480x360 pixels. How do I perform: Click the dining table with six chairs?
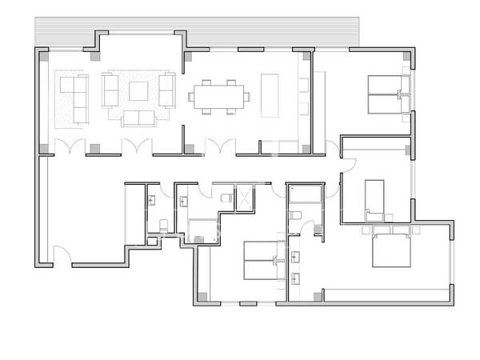pyautogui.click(x=218, y=96)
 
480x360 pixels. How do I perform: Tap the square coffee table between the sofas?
pyautogui.click(x=138, y=91)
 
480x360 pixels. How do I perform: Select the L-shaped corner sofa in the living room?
pyautogui.click(x=73, y=97)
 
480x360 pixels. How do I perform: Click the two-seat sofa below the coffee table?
pyautogui.click(x=139, y=119)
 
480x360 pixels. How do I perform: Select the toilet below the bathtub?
pyautogui.click(x=295, y=217)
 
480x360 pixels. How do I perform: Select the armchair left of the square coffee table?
pyautogui.click(x=110, y=90)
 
